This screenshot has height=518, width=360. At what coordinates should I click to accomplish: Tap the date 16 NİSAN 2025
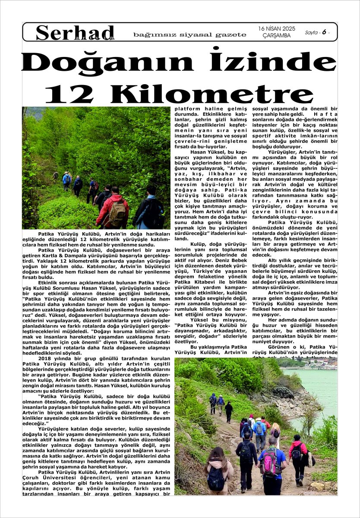coord(277,28)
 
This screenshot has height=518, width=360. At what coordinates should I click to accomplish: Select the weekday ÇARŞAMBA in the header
coord(276,35)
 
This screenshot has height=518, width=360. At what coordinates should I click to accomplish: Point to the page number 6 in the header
coord(323,32)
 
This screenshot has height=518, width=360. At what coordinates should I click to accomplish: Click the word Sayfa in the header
coord(311,32)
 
